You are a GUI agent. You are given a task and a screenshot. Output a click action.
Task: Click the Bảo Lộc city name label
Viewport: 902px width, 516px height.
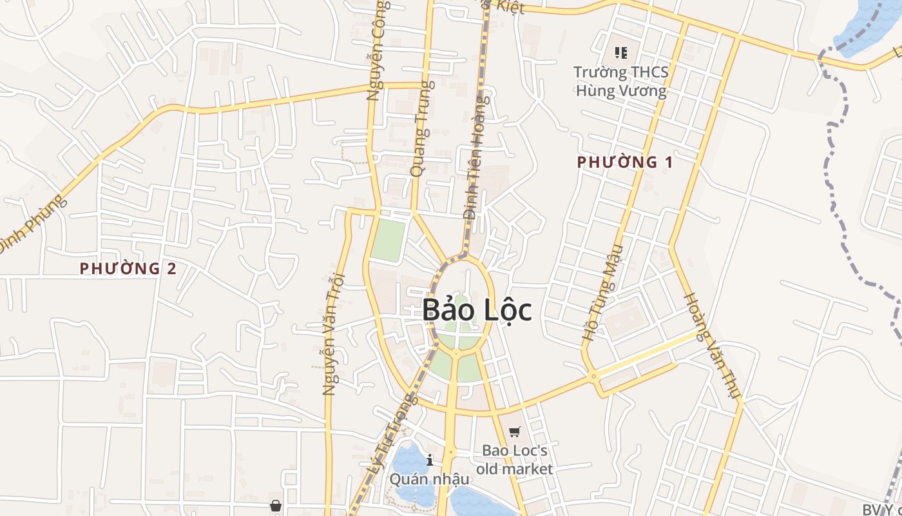click(x=477, y=310)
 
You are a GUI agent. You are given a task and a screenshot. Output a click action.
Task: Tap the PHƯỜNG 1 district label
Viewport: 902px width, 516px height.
click(x=625, y=162)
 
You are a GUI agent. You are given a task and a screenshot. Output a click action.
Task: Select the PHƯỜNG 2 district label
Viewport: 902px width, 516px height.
click(x=128, y=268)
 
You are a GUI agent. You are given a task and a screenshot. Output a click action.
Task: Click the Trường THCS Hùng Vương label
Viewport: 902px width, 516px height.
click(x=621, y=81)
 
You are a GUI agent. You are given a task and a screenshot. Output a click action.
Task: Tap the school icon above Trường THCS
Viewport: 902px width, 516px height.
click(x=621, y=53)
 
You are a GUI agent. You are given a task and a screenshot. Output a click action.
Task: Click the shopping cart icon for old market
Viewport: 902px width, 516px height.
click(x=514, y=432)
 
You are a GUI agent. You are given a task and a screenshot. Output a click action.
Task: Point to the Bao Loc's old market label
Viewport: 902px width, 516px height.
click(x=515, y=459)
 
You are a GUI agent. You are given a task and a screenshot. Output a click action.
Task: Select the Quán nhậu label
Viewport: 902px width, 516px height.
click(x=429, y=479)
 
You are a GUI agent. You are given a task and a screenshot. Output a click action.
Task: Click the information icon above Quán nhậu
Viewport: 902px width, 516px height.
click(x=430, y=460)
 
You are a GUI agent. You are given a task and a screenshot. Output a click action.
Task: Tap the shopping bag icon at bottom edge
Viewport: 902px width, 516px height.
click(x=276, y=506)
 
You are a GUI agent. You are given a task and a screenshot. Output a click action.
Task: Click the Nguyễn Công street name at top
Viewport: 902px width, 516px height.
click(x=379, y=52)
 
